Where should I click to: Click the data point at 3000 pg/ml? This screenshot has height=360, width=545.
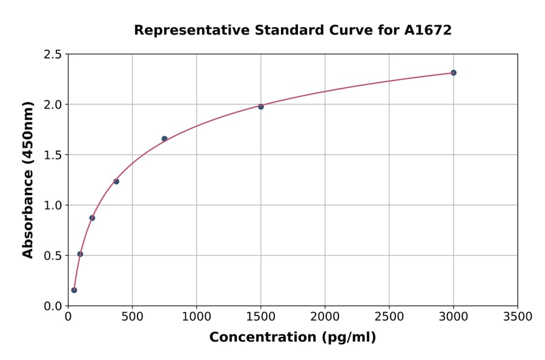click(454, 73)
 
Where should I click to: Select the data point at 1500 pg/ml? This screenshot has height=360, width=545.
click(261, 107)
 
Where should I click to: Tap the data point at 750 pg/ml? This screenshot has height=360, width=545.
click(164, 139)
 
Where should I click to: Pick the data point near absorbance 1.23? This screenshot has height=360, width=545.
click(116, 181)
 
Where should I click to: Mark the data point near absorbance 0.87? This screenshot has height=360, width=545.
click(92, 218)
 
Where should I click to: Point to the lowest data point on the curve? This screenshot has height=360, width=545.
click(74, 290)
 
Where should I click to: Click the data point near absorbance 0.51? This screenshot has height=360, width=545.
click(80, 254)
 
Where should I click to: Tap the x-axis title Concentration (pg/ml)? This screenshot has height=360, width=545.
click(292, 338)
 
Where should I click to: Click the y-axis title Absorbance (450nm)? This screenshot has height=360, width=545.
click(28, 180)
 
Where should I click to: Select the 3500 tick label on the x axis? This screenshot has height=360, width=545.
click(518, 317)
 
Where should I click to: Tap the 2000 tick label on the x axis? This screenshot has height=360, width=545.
click(325, 317)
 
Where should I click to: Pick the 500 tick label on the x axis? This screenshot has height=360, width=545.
click(132, 317)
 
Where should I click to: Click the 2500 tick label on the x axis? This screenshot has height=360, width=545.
click(389, 317)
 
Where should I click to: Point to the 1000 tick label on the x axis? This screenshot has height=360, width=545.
click(196, 317)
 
